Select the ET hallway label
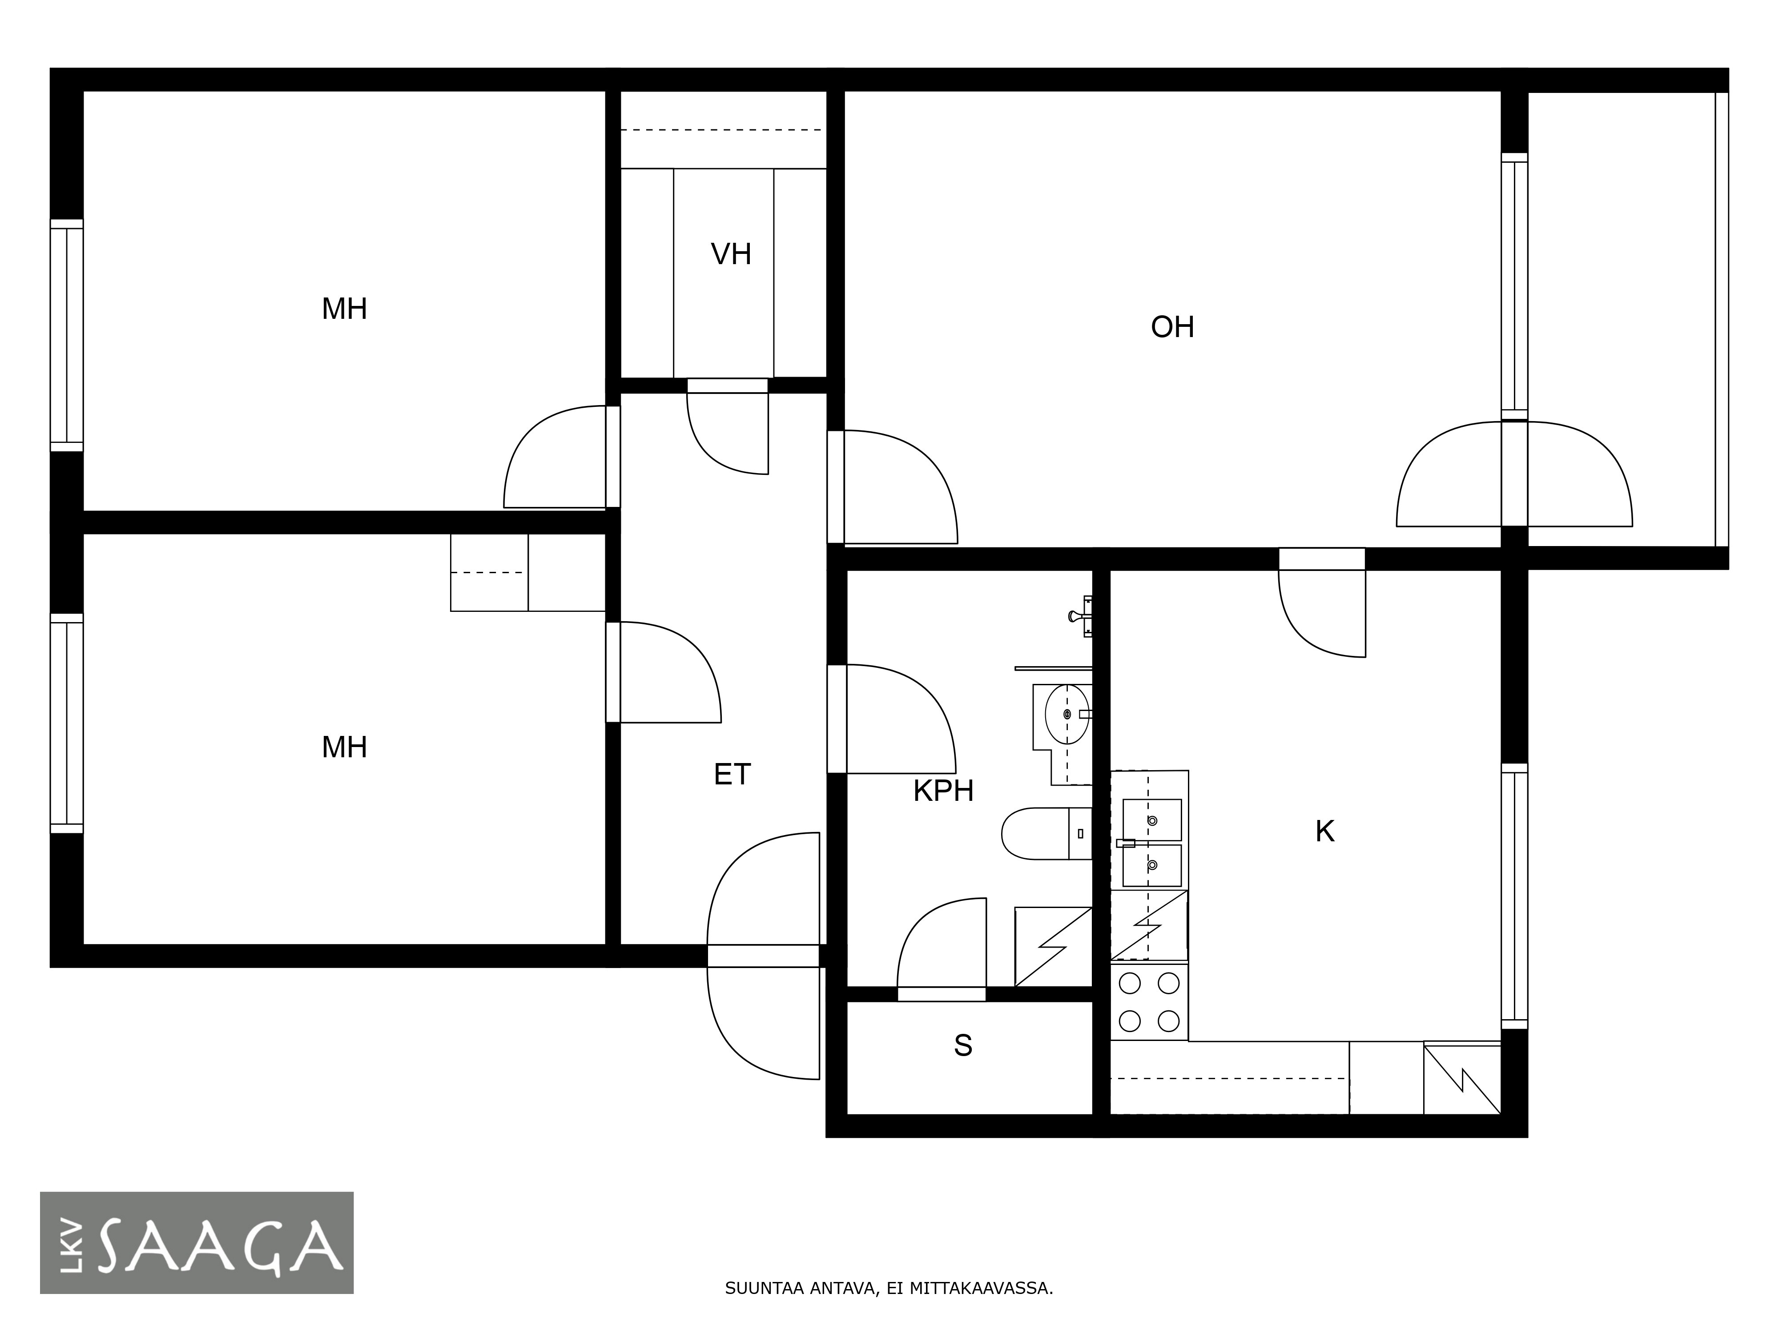(x=732, y=774)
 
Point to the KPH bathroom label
(x=943, y=791)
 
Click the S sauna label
(x=963, y=1045)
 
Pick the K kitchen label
(x=1324, y=832)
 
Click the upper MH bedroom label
(x=344, y=309)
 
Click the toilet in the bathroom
(x=1046, y=833)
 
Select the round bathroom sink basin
(x=1067, y=714)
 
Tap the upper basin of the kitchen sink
(x=1152, y=820)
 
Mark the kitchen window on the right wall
(x=1514, y=896)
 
